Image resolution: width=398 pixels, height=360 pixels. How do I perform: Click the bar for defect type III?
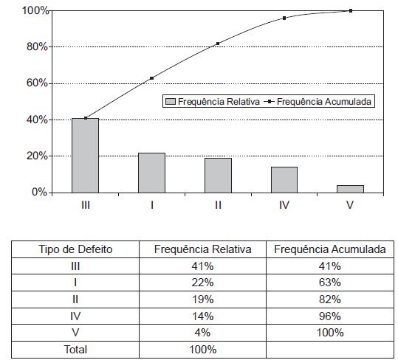[86, 156]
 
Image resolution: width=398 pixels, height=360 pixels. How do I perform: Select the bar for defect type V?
[350, 189]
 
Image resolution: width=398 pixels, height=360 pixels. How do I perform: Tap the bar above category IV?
[284, 180]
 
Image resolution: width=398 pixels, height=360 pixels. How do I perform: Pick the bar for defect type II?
[218, 176]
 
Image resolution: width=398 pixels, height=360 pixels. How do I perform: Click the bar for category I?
[151, 173]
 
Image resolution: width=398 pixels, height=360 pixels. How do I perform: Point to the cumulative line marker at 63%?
[152, 78]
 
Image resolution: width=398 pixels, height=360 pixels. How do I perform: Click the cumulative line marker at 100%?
[351, 10]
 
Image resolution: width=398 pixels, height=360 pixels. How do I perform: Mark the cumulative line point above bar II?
[218, 44]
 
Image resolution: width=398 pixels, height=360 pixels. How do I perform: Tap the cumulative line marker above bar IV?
[284, 18]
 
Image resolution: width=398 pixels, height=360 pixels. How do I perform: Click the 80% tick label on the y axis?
[37, 47]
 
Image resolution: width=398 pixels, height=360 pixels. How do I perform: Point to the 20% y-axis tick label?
[37, 156]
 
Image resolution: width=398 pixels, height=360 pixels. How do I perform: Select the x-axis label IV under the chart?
[284, 205]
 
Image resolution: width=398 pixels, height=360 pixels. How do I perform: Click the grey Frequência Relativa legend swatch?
[171, 102]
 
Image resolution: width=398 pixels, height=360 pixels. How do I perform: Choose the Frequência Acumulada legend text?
[324, 102]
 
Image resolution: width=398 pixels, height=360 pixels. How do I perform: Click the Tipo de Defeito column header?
[75, 249]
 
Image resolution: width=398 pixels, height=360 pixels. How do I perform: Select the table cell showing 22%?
[202, 283]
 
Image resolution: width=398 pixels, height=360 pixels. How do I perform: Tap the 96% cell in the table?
[330, 316]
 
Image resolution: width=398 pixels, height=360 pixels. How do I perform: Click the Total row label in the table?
[75, 350]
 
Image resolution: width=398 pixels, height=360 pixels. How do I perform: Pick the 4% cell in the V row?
[202, 333]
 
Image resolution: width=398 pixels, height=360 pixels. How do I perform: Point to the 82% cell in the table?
[330, 300]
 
